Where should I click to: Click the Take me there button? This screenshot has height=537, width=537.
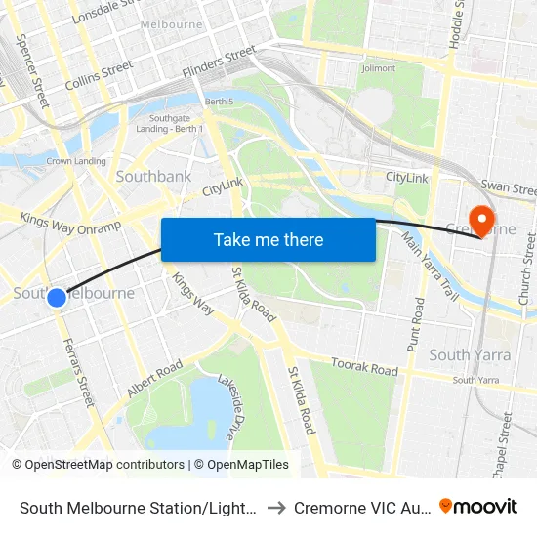(268, 239)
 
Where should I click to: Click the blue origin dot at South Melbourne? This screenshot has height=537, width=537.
(57, 297)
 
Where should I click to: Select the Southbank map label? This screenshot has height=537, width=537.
(153, 177)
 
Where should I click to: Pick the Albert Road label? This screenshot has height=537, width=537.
(154, 379)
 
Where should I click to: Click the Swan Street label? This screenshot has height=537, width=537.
(509, 187)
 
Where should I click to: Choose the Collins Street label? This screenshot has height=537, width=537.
(99, 74)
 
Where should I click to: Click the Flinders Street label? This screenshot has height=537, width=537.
(220, 63)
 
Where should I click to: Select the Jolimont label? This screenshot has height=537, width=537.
(378, 68)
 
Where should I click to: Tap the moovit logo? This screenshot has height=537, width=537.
(478, 506)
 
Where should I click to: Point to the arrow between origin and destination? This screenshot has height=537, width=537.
(276, 508)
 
